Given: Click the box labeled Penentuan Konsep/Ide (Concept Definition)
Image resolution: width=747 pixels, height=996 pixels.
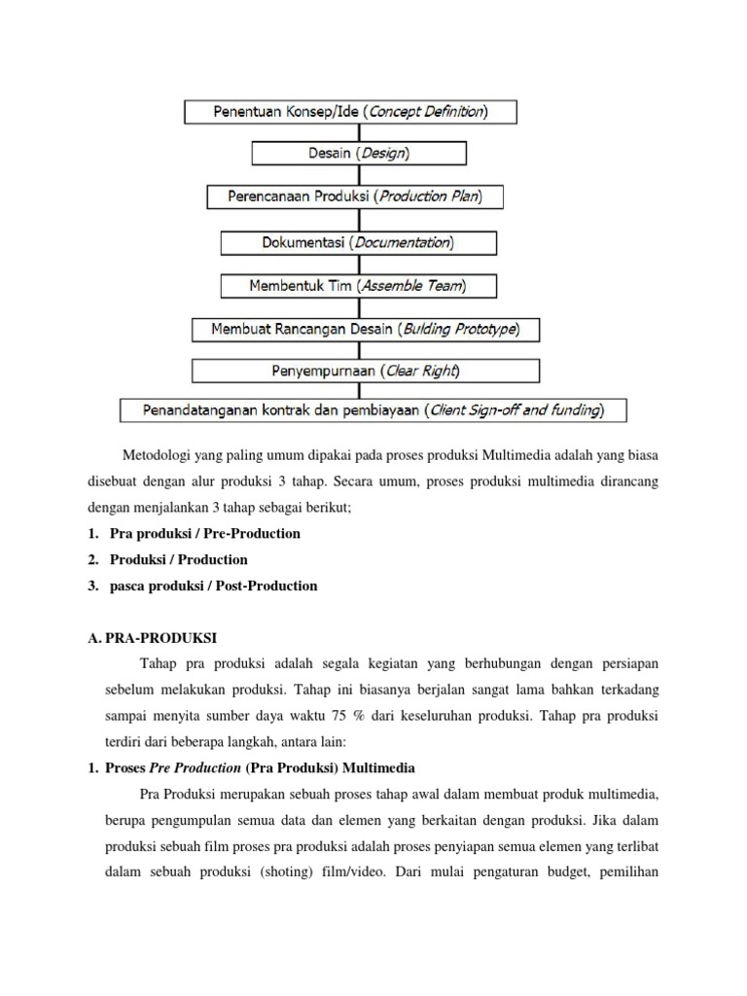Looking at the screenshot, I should coord(350,112).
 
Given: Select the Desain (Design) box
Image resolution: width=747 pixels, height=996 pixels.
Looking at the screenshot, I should coord(359,154).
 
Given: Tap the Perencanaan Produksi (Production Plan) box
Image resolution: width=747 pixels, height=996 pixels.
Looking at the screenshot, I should coord(358,196).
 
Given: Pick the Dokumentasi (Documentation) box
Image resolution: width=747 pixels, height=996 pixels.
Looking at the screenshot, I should coord(359,241).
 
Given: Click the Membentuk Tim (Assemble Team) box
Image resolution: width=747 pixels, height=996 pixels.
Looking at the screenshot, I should coord(359,286).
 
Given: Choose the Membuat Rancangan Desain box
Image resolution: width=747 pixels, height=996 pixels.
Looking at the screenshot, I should coord(365,330).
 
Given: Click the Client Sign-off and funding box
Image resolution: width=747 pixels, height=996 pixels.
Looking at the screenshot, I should coord(373,410).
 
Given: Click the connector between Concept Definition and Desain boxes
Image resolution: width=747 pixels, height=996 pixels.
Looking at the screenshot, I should coord(359,133).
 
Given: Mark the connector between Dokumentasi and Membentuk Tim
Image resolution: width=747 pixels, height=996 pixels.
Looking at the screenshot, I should coord(359,264).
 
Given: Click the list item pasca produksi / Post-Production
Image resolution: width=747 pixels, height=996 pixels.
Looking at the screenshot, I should coord(205,586).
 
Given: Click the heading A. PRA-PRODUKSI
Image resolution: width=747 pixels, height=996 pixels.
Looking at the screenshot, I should coord(153,638).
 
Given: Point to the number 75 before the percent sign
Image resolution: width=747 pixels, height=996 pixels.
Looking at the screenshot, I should coord(336,717).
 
